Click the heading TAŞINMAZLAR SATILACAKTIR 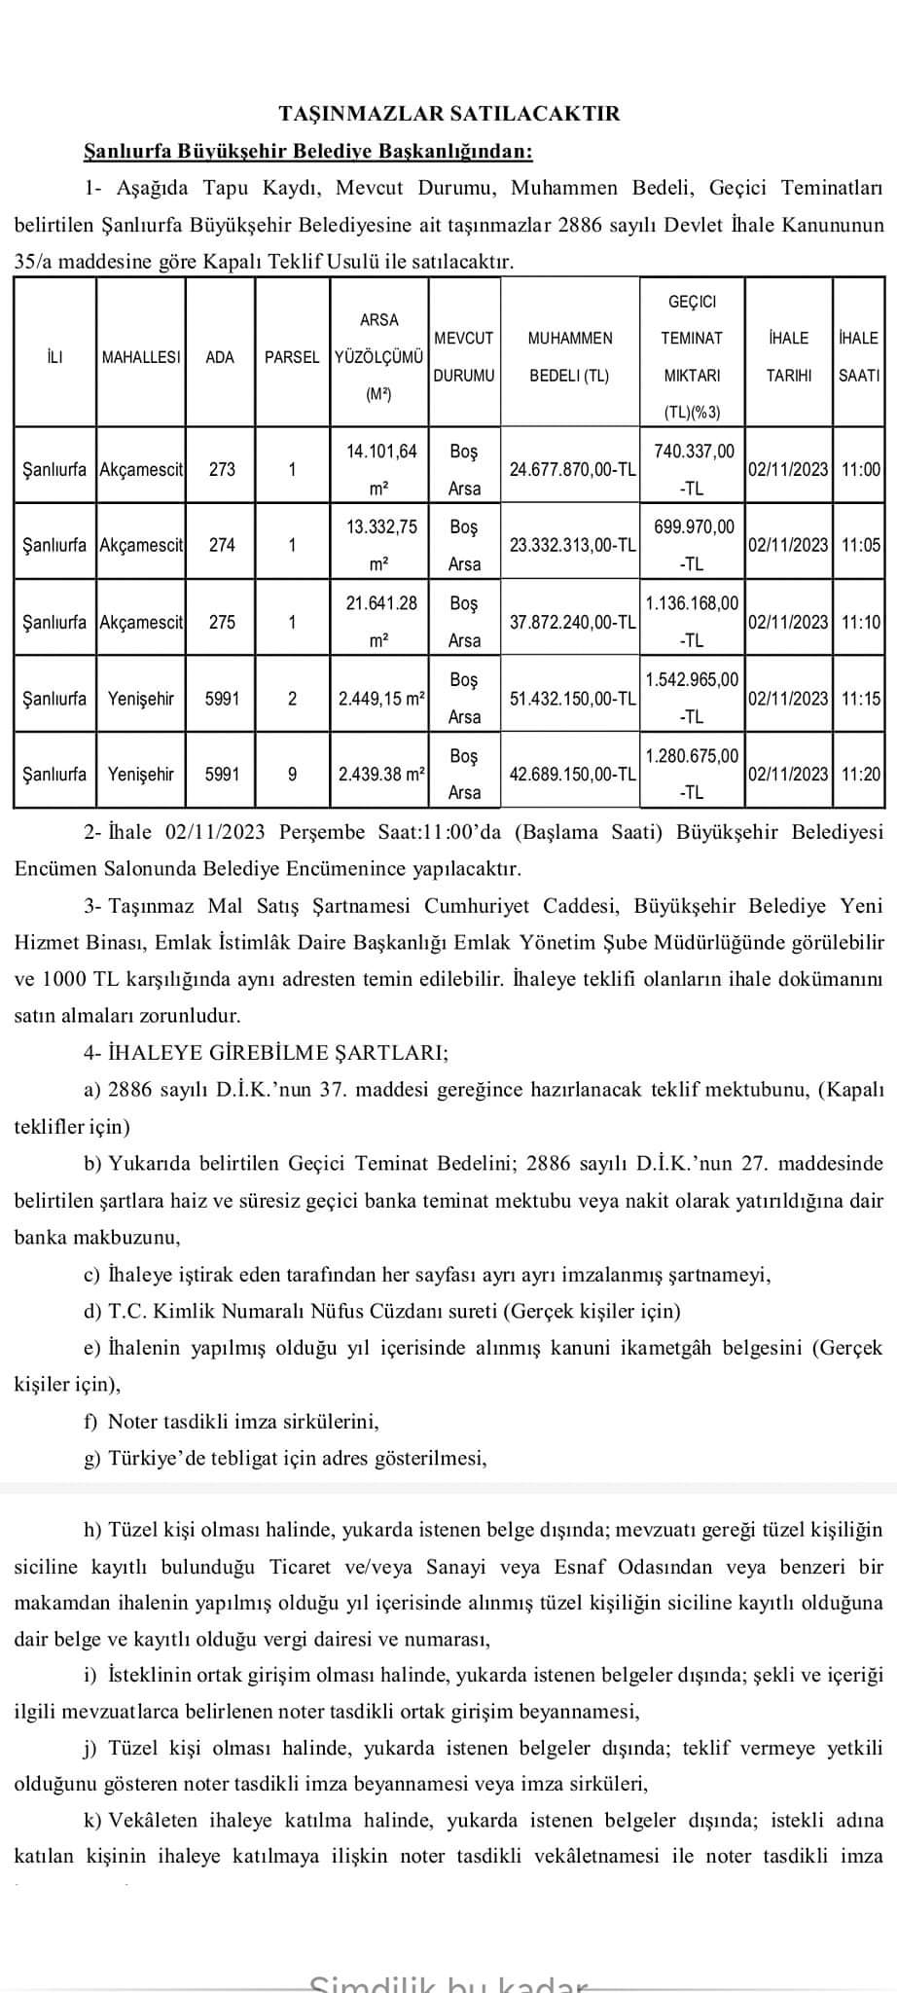[448, 114]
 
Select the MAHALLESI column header [141, 357]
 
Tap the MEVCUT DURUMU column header [463, 356]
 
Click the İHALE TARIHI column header [788, 356]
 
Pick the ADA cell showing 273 [222, 469]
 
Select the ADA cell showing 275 [222, 622]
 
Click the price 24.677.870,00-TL [572, 469]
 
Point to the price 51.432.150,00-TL [572, 699]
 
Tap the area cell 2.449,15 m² [379, 699]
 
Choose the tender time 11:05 [860, 545]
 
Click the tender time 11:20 [860, 775]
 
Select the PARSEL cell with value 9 [292, 775]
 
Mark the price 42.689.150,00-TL [572, 775]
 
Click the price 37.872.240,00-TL [572, 622]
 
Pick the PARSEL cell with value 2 [292, 699]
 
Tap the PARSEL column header [292, 357]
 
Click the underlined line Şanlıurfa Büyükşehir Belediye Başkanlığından [309, 151]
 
